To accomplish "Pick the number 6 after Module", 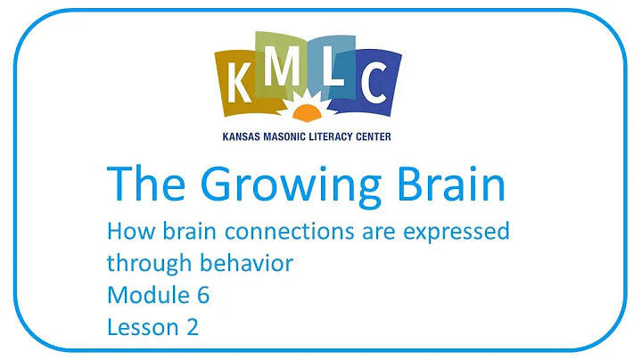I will click(202, 295).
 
